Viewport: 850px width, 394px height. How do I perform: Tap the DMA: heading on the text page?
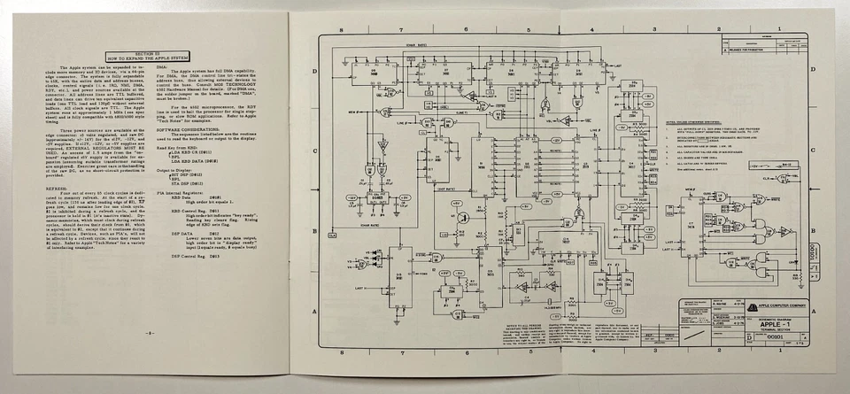pos(162,66)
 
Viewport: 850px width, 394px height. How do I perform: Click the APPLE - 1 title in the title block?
pos(768,324)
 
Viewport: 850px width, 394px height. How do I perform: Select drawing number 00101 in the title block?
pos(751,337)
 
